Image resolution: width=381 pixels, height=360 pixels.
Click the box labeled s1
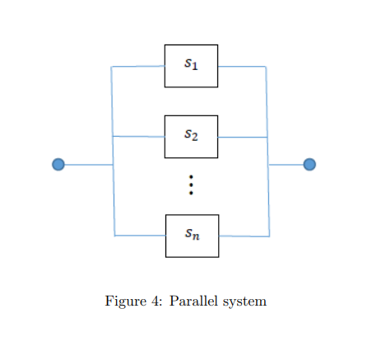[191, 66]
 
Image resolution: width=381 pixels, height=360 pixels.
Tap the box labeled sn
[192, 236]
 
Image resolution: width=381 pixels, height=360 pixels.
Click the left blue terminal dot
[58, 165]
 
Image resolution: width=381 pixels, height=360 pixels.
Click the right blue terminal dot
[309, 165]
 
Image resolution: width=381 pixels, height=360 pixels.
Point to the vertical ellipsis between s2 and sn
[191, 185]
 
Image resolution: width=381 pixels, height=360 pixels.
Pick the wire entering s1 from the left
[138, 66]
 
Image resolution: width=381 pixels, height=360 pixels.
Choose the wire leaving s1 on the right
[242, 66]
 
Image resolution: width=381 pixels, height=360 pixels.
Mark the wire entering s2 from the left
[138, 136]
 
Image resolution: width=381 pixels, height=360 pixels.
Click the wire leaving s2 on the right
[243, 137]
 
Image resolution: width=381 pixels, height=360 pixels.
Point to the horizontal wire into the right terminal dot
[286, 165]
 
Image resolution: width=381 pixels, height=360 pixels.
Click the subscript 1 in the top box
[196, 68]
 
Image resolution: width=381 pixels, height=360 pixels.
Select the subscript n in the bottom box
[197, 237]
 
